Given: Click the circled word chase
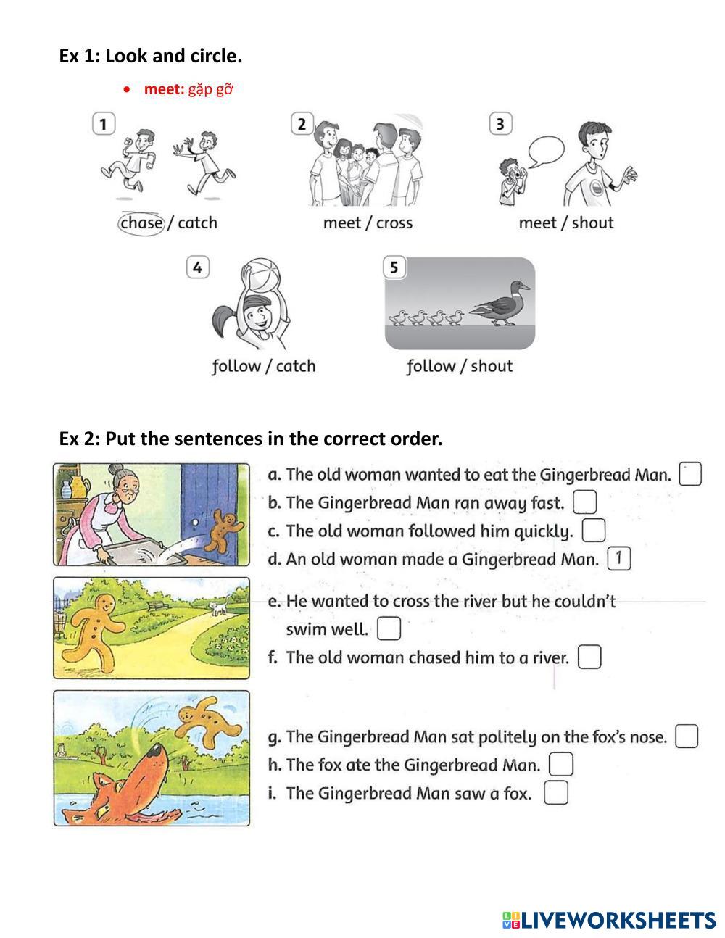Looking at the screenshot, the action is [x=141, y=223].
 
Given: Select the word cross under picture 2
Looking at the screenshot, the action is [x=394, y=223].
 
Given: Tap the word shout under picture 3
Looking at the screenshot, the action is [x=592, y=223].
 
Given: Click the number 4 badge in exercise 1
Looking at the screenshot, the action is [x=198, y=267].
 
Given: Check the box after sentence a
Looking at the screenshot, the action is [x=689, y=473].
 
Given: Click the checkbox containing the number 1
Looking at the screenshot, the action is [x=619, y=558].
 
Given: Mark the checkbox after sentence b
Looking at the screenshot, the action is [x=585, y=502].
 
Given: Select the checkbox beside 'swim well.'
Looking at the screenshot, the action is [x=389, y=628].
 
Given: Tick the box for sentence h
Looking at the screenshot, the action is [x=561, y=764].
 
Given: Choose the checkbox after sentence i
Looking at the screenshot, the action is [x=556, y=792].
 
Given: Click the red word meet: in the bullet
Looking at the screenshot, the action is [x=164, y=89].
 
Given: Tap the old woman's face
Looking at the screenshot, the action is [x=124, y=488].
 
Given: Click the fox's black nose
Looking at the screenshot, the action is [x=154, y=752].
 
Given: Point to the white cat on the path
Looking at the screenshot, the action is [x=218, y=607].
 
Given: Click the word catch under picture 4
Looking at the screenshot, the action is [x=296, y=366].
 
